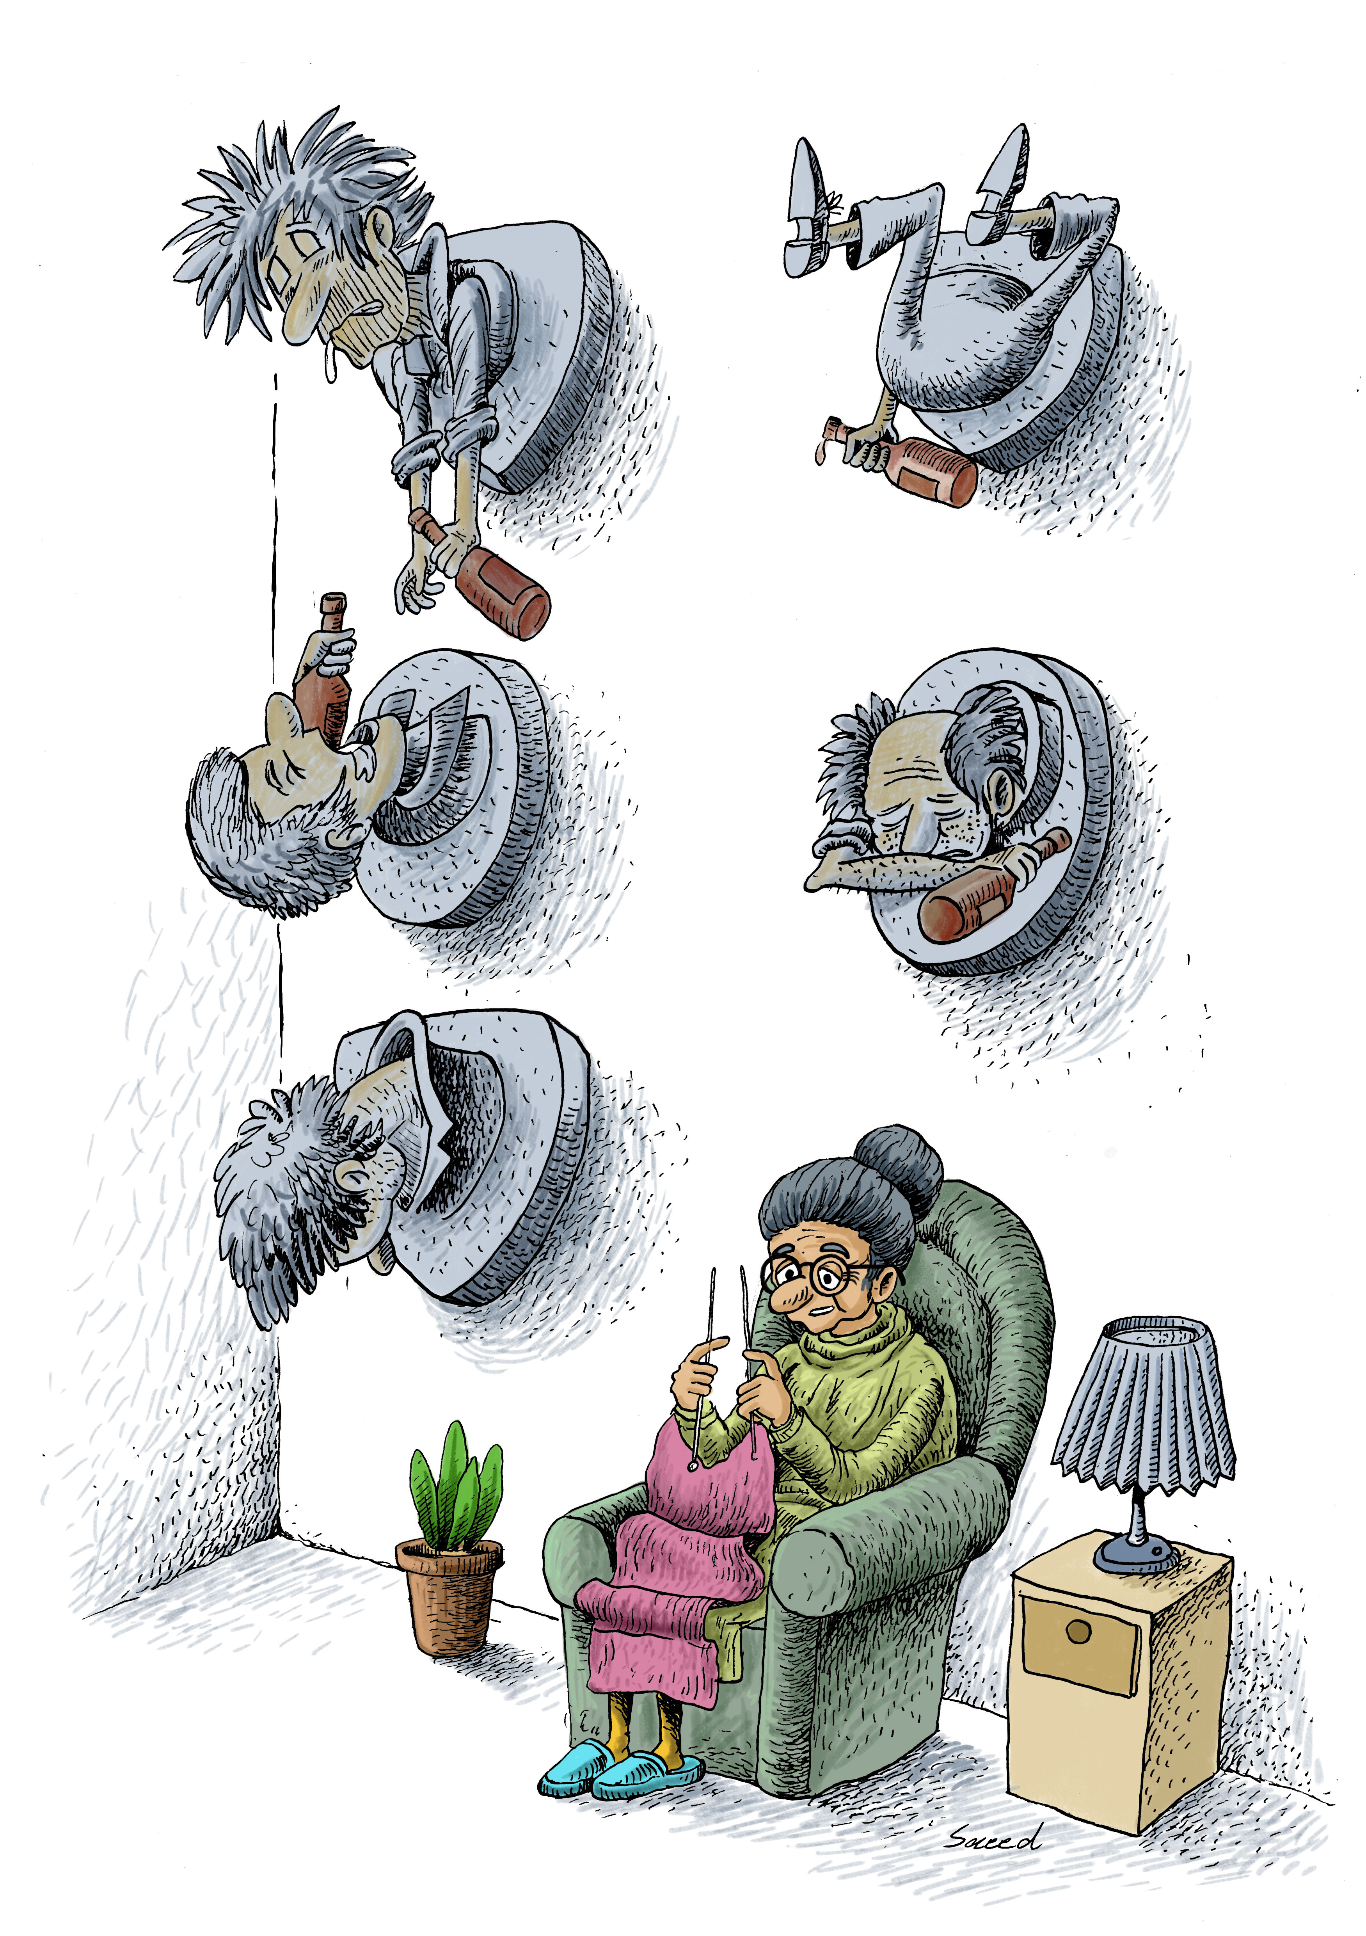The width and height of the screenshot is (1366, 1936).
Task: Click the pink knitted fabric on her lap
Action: pos(675,1568)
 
